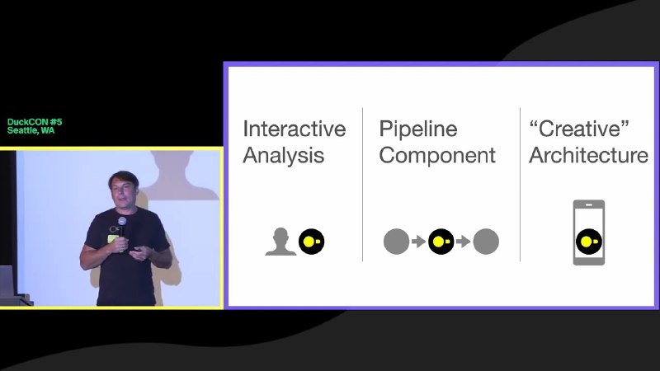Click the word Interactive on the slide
pyautogui.click(x=295, y=129)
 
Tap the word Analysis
pyautogui.click(x=283, y=155)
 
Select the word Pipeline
pyautogui.click(x=418, y=129)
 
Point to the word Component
pyautogui.click(x=437, y=155)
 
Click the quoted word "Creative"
pyautogui.click(x=579, y=129)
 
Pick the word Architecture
pyautogui.click(x=588, y=155)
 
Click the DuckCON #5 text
pyautogui.click(x=35, y=122)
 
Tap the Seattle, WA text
pyautogui.click(x=31, y=130)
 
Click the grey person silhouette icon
pyautogui.click(x=280, y=242)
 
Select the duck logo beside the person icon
pyautogui.click(x=312, y=242)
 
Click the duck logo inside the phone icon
pyautogui.click(x=589, y=242)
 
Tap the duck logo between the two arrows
pyautogui.click(x=441, y=242)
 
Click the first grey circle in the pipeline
pyautogui.click(x=397, y=242)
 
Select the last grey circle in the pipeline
pyautogui.click(x=486, y=242)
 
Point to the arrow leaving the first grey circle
pyautogui.click(x=419, y=242)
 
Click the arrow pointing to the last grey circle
pyautogui.click(x=464, y=242)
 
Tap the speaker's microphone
pyautogui.click(x=122, y=229)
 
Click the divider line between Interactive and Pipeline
pyautogui.click(x=362, y=184)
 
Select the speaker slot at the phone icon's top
pyautogui.click(x=589, y=204)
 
